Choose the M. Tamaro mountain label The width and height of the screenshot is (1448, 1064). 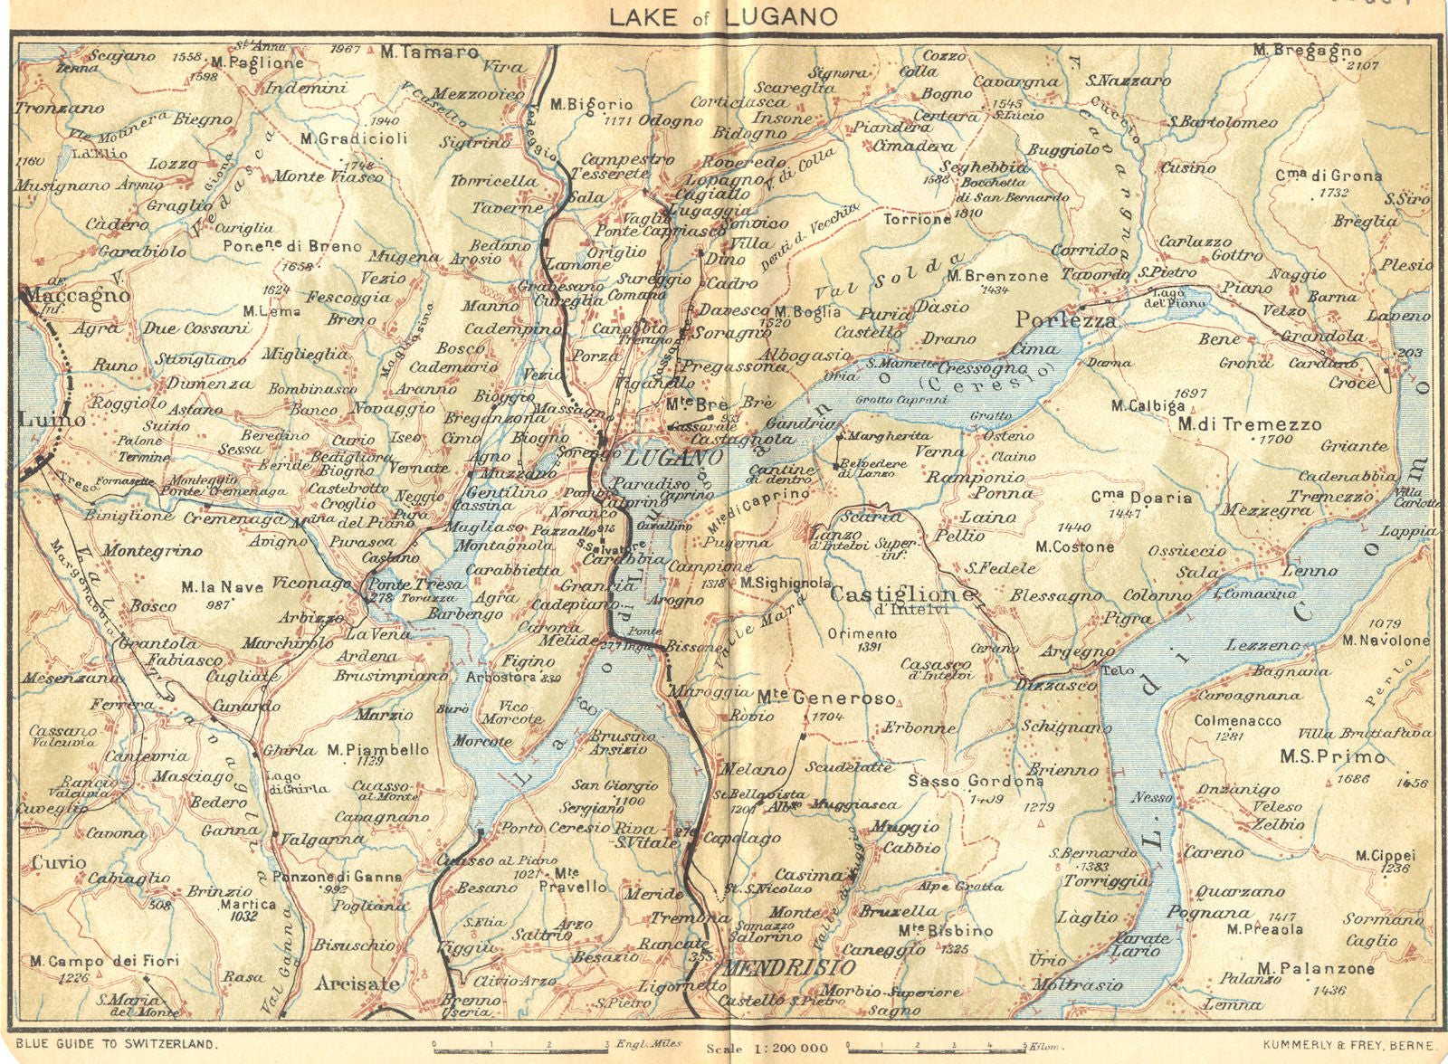429,52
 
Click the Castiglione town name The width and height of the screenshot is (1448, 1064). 901,594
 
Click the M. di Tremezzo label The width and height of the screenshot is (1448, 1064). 1249,424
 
